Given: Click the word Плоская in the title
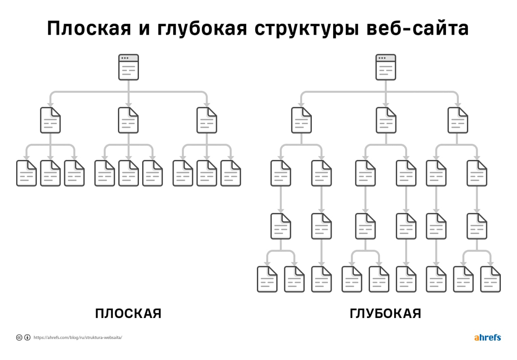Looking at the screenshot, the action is (x=89, y=28).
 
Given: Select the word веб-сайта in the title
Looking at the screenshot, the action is (x=418, y=28).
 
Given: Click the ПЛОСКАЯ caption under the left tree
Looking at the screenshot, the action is (x=128, y=314).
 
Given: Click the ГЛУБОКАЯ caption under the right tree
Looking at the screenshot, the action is (x=385, y=314).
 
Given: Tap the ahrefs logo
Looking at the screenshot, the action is (x=488, y=337).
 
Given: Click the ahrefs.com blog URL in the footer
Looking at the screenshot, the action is (x=78, y=338).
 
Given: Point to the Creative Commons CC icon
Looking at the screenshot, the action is (x=19, y=338).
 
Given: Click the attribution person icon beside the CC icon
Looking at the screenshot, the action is (x=27, y=338).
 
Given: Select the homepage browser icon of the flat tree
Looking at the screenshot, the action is (x=128, y=67).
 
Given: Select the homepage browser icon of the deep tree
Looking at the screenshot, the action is (x=386, y=67).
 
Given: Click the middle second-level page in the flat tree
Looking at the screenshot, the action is (x=128, y=120).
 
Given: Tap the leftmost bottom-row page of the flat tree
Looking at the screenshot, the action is (x=26, y=173).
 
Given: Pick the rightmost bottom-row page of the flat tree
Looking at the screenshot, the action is (x=231, y=173).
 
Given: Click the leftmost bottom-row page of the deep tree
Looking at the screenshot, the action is (x=267, y=279).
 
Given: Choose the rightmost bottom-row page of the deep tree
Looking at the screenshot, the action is (x=490, y=279).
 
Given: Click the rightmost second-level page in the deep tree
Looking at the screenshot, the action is (x=458, y=120).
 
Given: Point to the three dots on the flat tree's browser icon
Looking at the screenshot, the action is (x=125, y=58).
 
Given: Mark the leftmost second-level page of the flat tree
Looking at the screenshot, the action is (x=50, y=120).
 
